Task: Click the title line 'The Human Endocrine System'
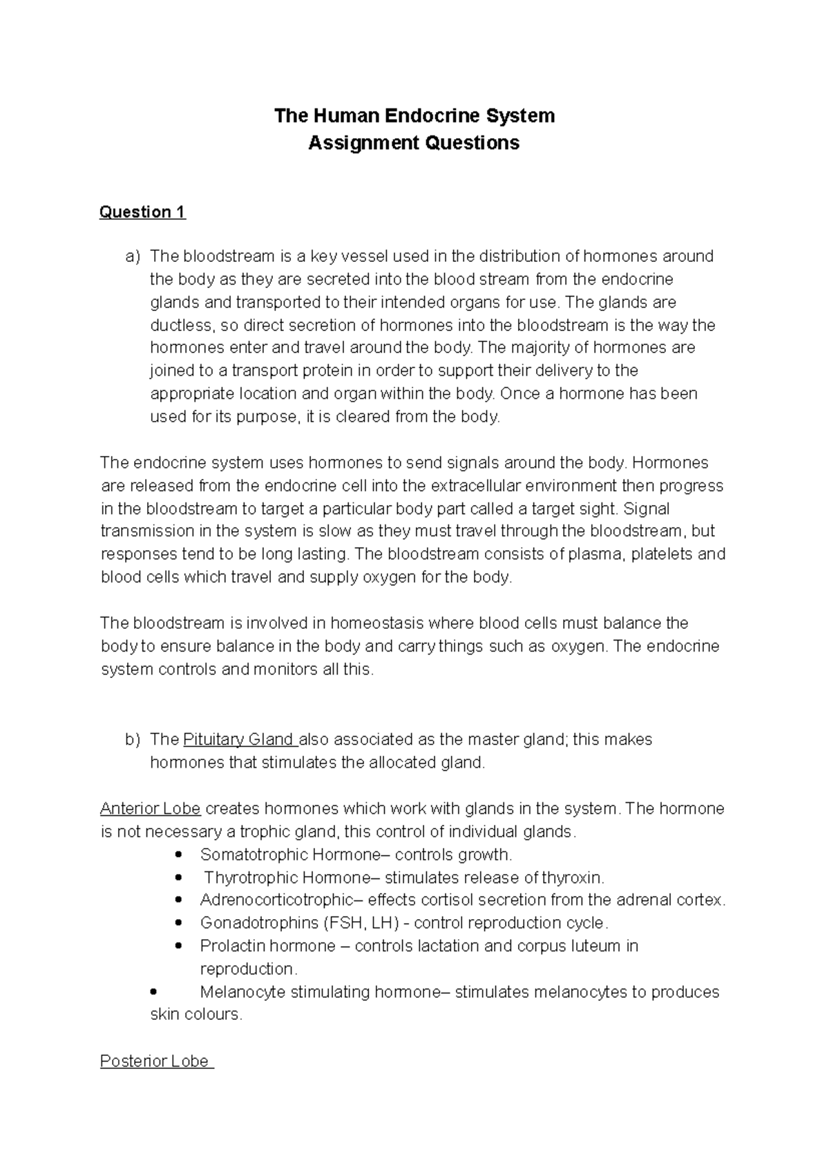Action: [414, 115]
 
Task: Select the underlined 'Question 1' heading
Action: [142, 212]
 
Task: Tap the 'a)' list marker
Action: [133, 256]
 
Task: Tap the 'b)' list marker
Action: [133, 739]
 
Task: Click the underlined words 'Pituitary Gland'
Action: [239, 739]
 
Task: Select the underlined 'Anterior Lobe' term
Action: [151, 809]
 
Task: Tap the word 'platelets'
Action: [661, 554]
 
